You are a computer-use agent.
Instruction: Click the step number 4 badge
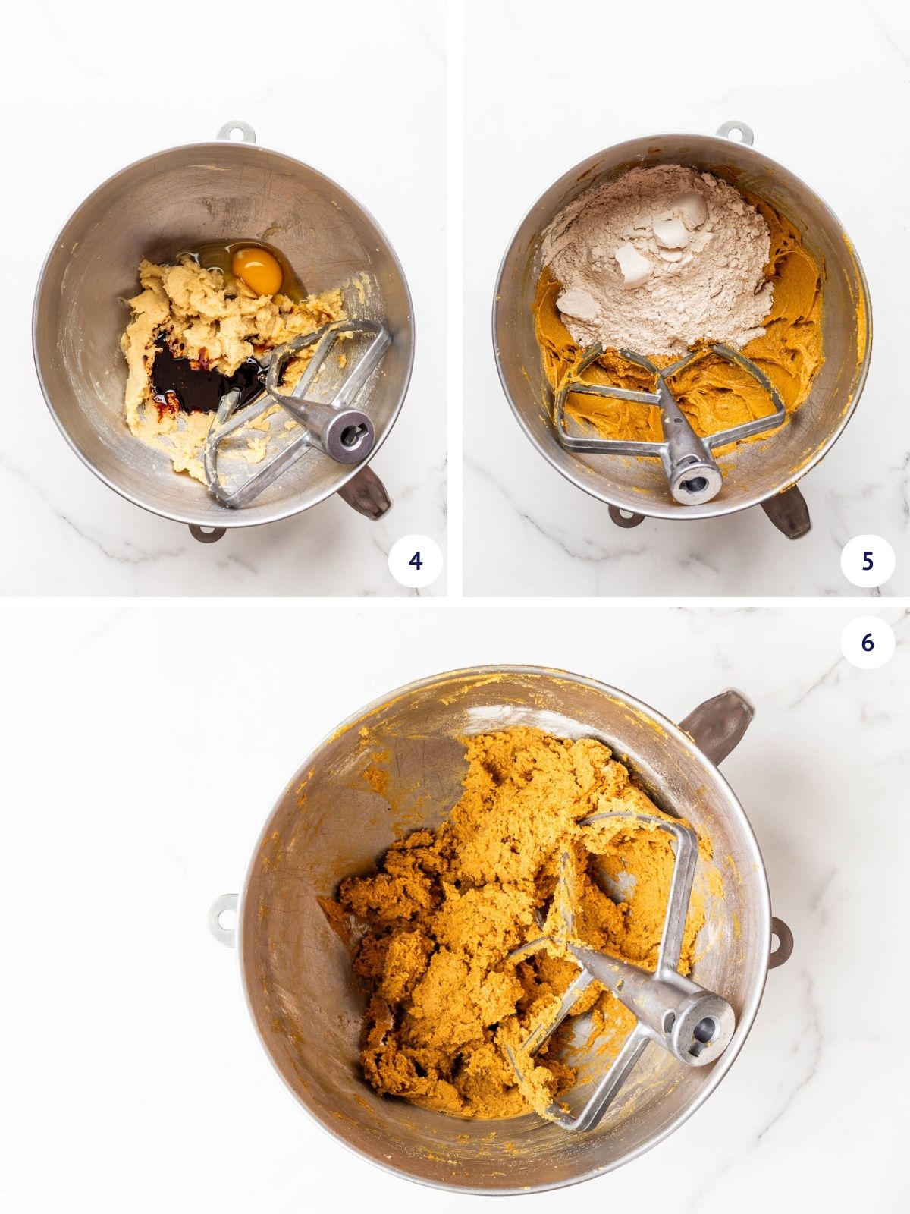click(414, 561)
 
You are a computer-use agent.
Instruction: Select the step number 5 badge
click(868, 561)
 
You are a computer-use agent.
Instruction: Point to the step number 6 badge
click(868, 642)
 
